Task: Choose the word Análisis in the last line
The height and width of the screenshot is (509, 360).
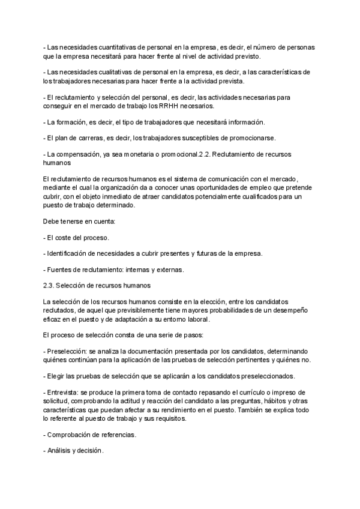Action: pos(60,450)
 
